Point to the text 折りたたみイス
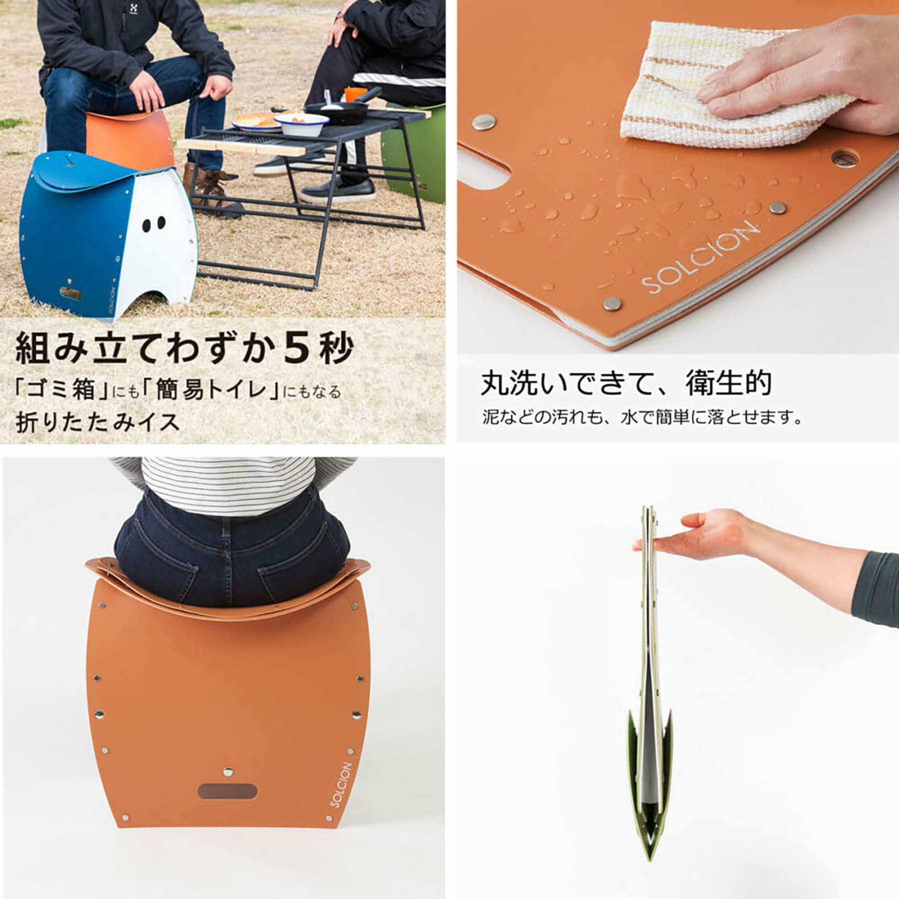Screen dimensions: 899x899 coord(97,422)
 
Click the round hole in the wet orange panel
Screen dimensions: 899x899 coord(845,159)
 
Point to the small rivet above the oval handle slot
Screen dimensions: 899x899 coord(228,772)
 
